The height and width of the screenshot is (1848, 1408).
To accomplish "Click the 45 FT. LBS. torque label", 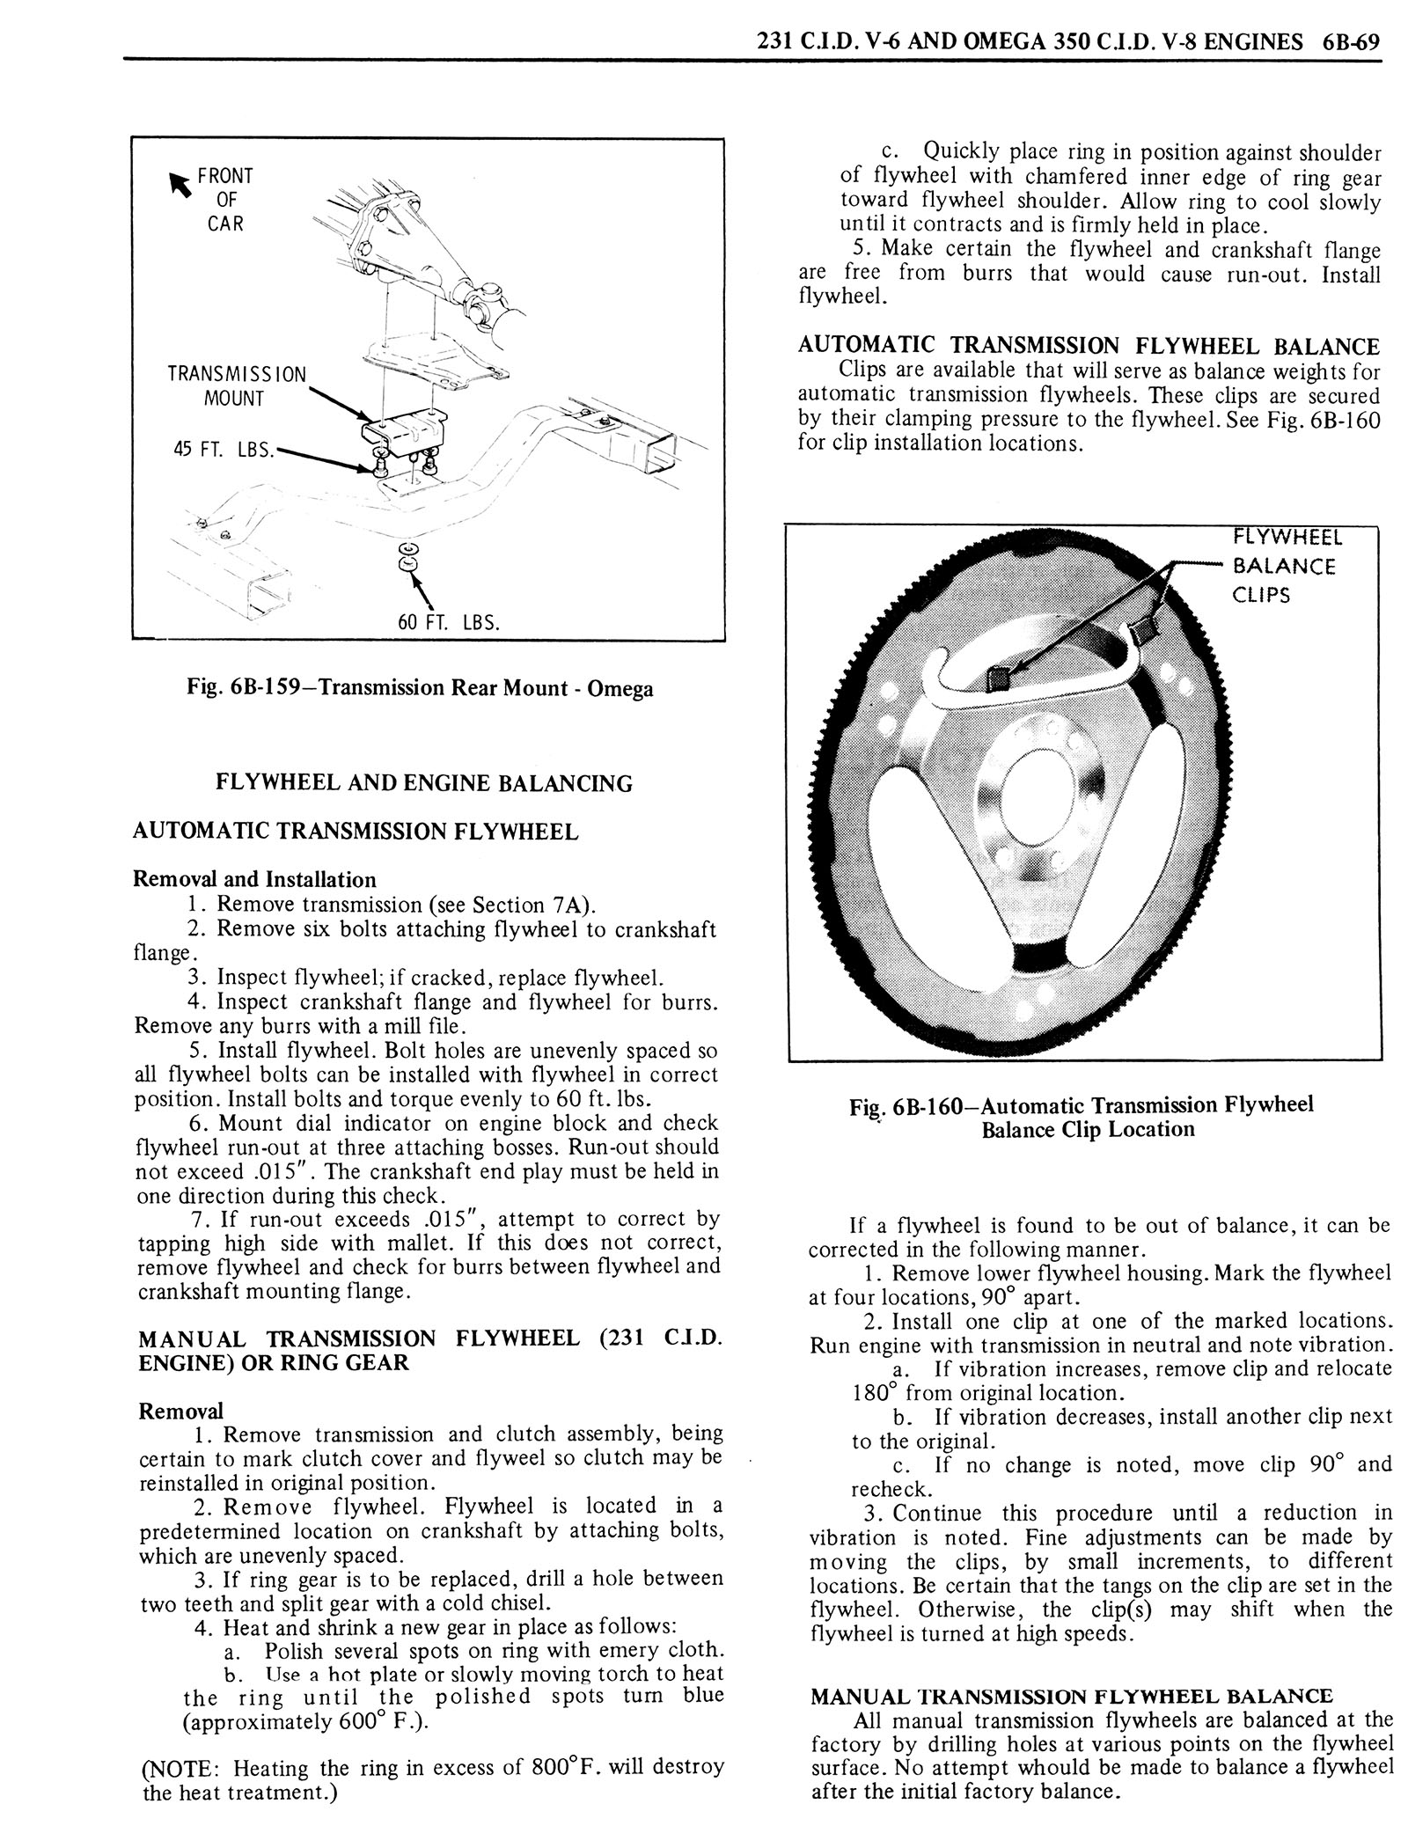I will click(224, 450).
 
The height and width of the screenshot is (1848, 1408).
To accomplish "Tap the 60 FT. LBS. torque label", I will click(448, 623).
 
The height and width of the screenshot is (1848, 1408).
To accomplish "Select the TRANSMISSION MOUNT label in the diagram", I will click(237, 385).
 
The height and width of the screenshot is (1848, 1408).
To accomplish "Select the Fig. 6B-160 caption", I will click(1088, 1117).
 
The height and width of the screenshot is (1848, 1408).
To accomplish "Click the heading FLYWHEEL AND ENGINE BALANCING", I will click(424, 783).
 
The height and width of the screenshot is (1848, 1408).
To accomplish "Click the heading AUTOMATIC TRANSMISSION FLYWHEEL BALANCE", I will click(1089, 346).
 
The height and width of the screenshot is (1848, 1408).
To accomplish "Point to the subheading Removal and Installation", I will click(254, 879).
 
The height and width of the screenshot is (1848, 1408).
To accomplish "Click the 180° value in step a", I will click(873, 1393).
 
